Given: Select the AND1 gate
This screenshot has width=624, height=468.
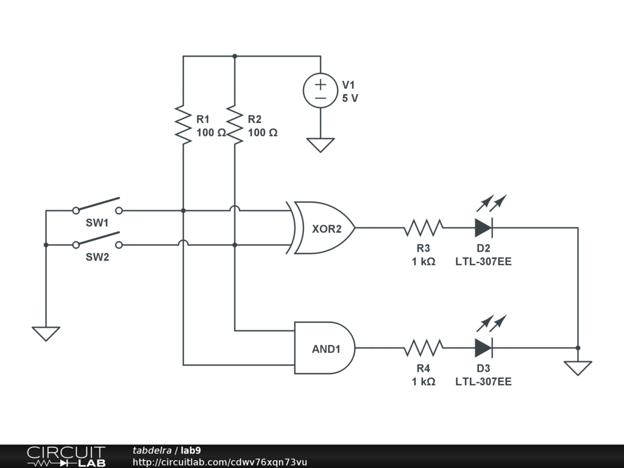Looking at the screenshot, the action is point(324,348).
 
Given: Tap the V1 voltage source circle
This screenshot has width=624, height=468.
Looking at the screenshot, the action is point(321,91).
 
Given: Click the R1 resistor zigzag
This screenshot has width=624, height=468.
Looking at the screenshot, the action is point(183,124).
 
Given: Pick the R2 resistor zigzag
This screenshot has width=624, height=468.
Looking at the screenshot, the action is point(235,124).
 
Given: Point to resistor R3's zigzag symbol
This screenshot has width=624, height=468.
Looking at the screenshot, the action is point(424,228).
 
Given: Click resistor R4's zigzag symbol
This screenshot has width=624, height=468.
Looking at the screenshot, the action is point(424,348).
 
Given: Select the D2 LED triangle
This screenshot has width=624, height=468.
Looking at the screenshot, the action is point(483,228).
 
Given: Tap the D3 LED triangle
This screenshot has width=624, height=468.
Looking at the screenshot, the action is point(483,348).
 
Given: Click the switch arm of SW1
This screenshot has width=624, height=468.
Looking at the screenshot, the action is point(98,204).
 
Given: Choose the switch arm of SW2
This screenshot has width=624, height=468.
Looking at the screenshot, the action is point(98,238).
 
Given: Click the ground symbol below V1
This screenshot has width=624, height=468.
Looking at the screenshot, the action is point(321,145).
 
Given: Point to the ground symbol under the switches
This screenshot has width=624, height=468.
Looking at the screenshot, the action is point(46,334).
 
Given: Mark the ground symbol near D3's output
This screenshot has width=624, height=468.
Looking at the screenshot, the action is point(578,368).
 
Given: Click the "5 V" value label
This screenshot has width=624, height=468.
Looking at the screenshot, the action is point(350,98).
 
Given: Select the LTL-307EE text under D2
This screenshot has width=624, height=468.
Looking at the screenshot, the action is point(483,261).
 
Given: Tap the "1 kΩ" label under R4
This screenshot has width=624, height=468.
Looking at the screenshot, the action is point(424,381).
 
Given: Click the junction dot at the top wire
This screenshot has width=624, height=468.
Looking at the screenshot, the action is point(235,56).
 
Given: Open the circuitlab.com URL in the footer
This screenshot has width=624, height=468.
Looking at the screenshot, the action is point(219,462).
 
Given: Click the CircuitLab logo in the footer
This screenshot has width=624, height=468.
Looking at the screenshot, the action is point(66,456).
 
